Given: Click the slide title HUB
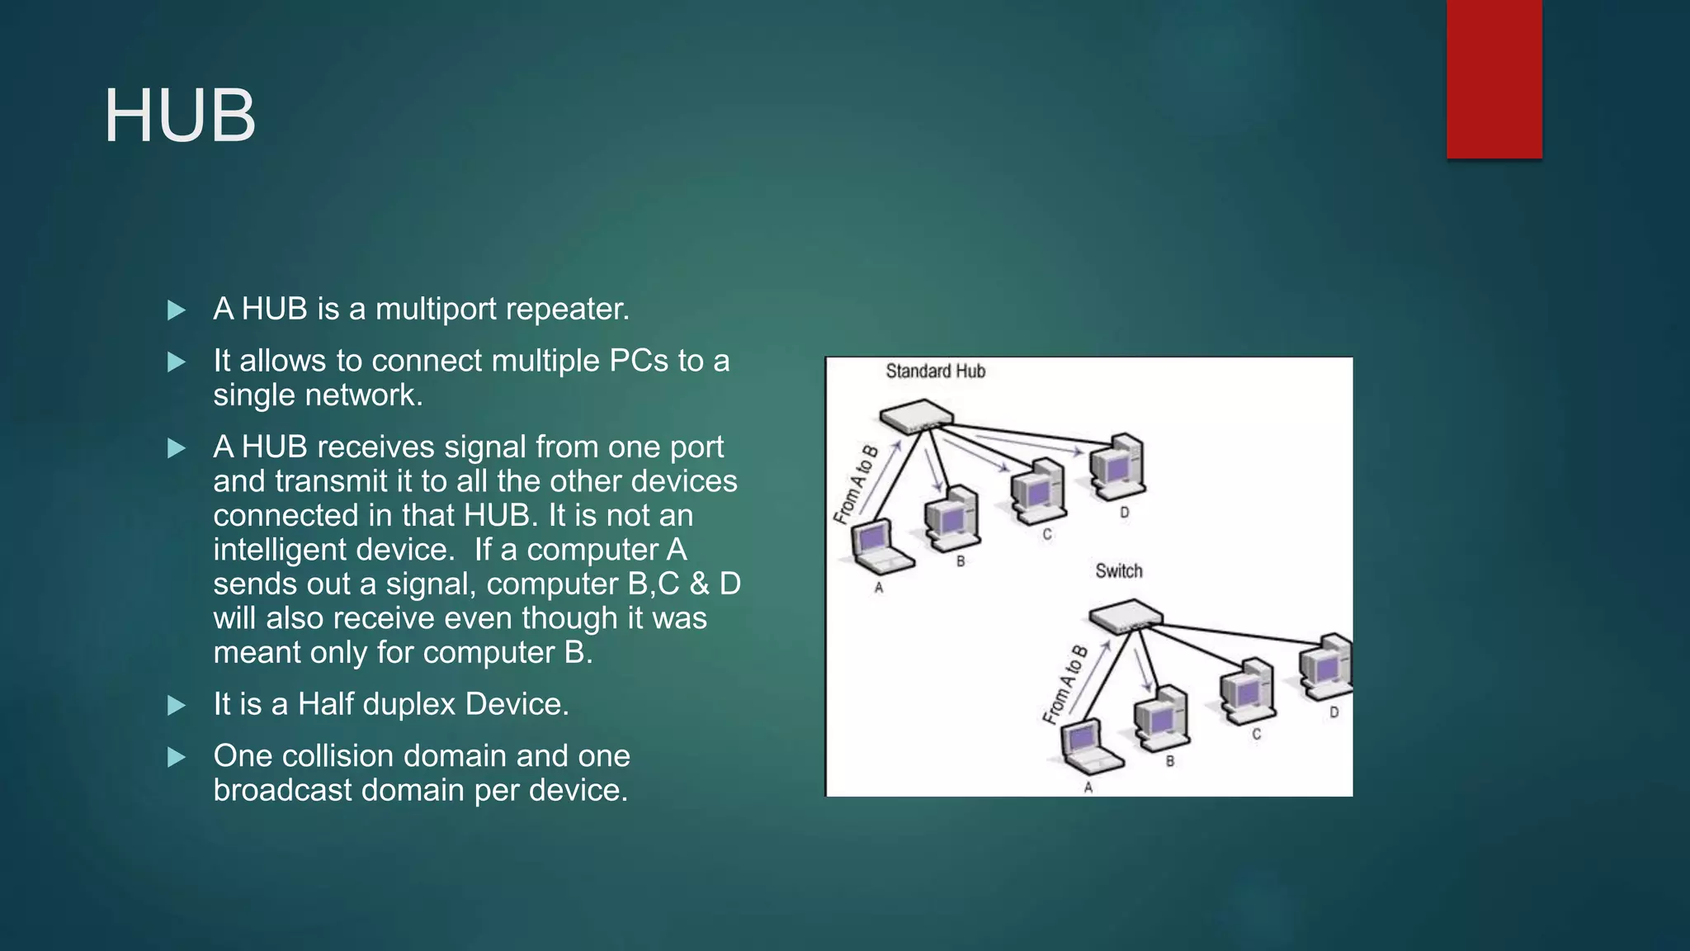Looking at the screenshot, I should click(x=180, y=116).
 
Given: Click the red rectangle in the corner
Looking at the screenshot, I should click(x=1494, y=78).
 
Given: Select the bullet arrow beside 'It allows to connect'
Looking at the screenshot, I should click(x=176, y=362).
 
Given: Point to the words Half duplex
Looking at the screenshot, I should click(x=376, y=704).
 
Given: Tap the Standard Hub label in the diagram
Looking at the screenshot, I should click(x=935, y=371).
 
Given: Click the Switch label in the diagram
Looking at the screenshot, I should click(x=1118, y=571).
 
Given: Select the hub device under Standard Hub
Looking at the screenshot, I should click(x=916, y=416).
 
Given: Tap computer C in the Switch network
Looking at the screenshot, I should click(x=1248, y=692).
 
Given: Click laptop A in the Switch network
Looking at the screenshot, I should click(x=1089, y=747).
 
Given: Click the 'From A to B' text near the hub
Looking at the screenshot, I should click(x=856, y=485).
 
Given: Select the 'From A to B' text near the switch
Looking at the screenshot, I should click(x=1065, y=684).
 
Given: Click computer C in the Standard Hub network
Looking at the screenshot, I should click(x=1038, y=492).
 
